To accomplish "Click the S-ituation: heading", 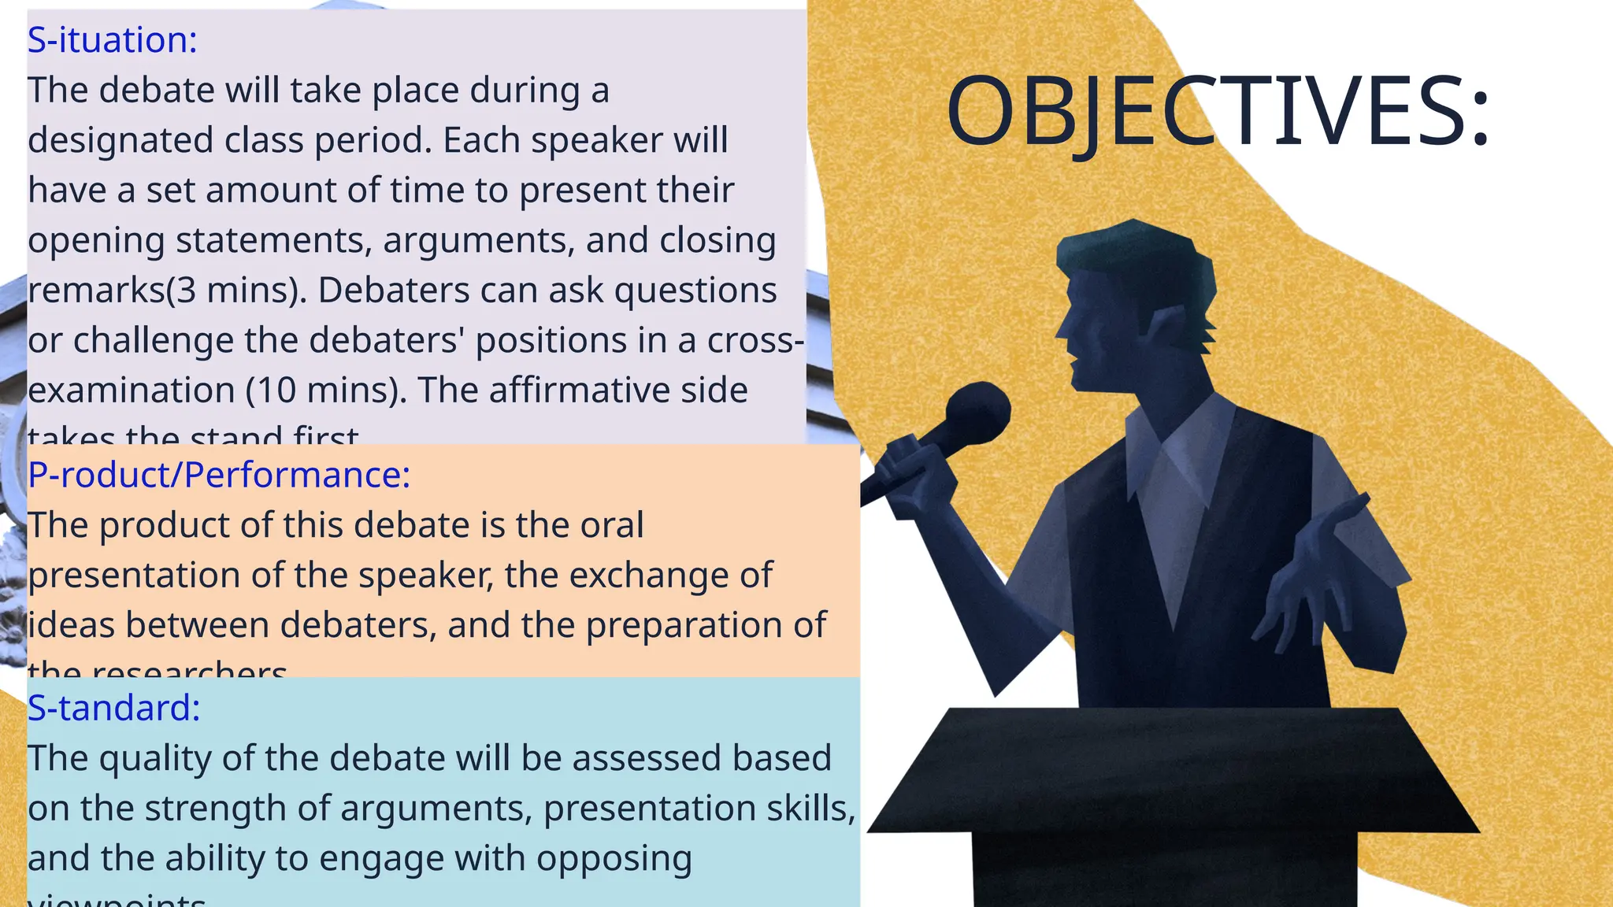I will coord(112,39).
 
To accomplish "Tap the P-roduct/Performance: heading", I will coord(219,475).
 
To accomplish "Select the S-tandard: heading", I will coord(113,707).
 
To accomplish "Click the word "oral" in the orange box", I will coord(611,525).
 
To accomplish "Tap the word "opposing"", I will coord(614,858).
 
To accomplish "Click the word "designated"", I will coord(121,141).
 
